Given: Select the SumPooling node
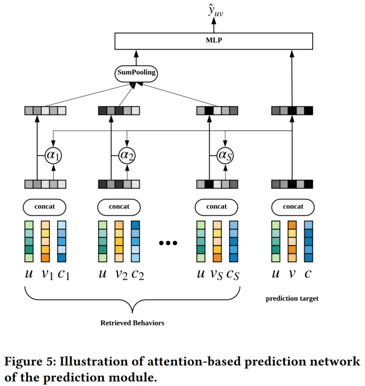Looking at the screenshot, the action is (136, 73).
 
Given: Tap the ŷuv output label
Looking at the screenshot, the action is (216, 11).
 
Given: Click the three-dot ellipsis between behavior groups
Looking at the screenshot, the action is (168, 243).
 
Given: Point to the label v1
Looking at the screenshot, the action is (48, 274).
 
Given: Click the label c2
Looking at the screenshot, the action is (138, 274).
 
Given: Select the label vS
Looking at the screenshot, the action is (217, 274).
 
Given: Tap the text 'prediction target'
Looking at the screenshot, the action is (292, 298).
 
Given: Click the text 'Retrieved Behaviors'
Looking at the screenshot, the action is (132, 323).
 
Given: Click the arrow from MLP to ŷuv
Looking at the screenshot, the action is (214, 25).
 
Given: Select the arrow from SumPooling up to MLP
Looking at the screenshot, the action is (136, 58).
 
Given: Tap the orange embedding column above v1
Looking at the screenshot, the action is (46, 241).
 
